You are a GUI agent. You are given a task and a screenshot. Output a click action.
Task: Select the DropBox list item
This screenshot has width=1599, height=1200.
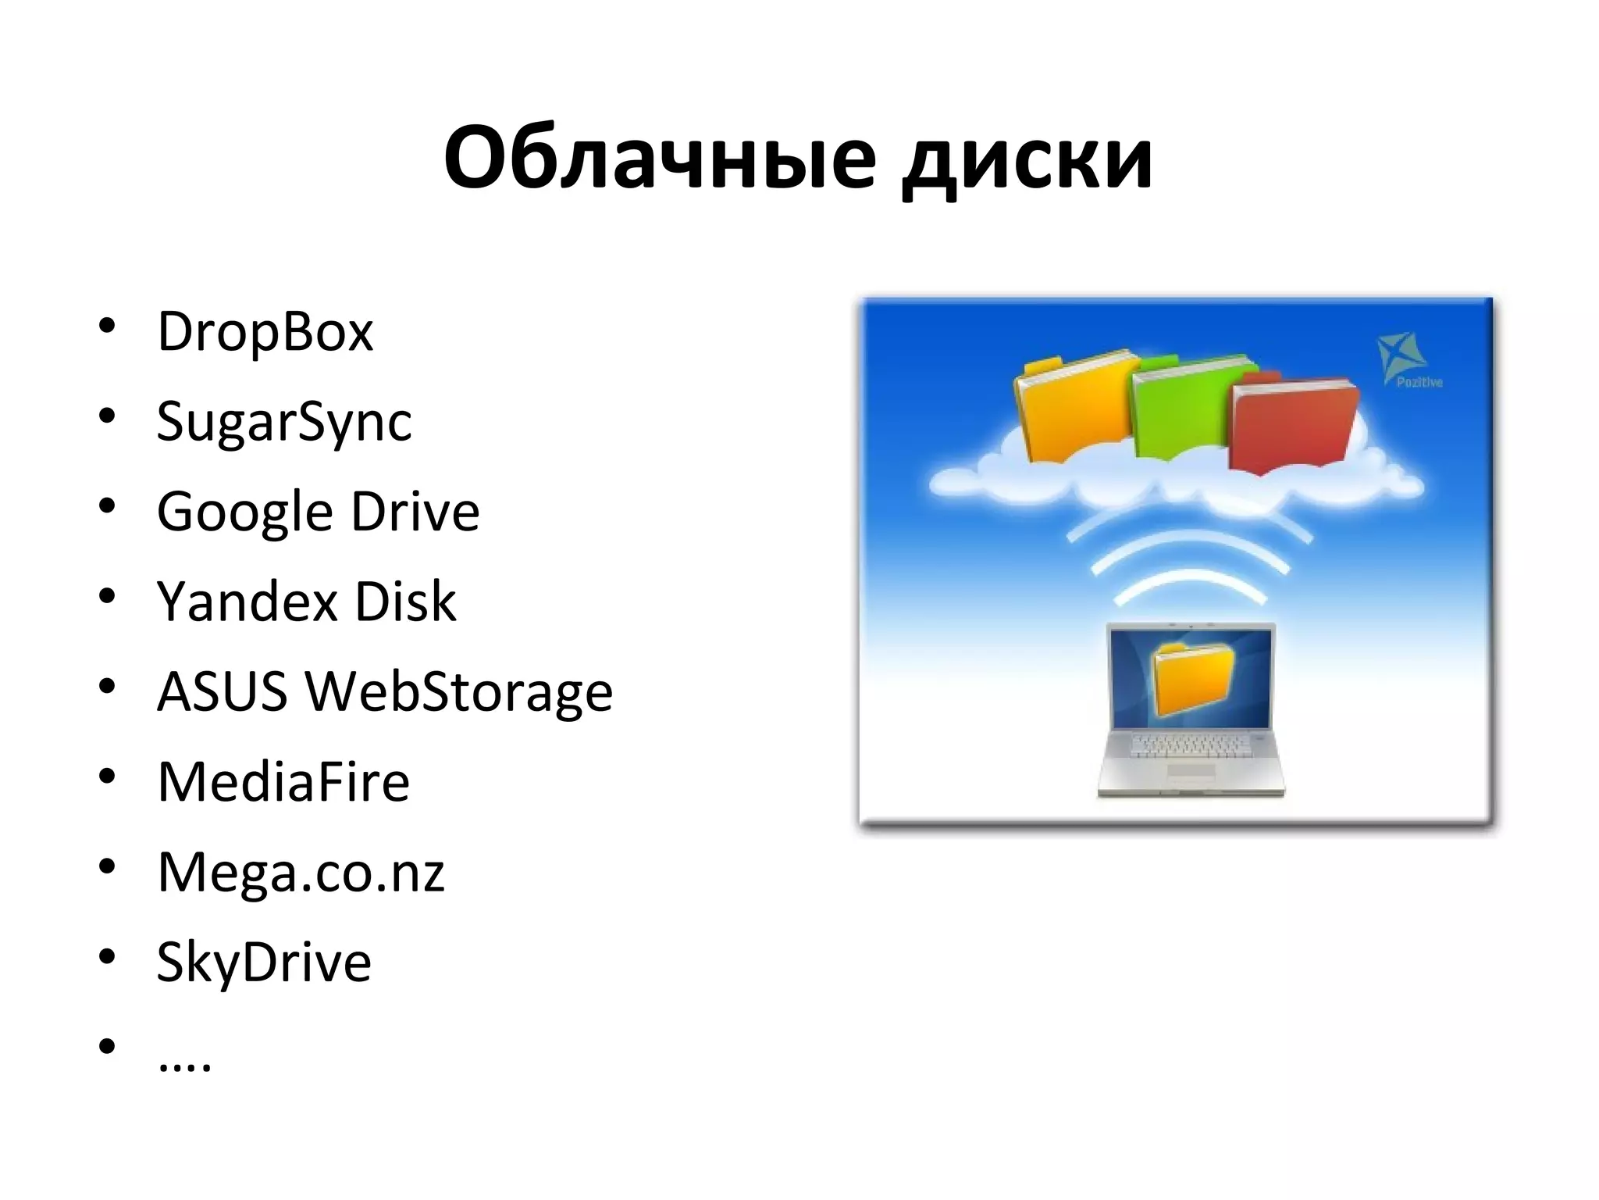265,333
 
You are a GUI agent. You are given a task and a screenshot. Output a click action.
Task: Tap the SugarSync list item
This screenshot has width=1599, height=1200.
284,423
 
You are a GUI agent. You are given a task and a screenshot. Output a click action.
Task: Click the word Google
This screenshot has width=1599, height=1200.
245,513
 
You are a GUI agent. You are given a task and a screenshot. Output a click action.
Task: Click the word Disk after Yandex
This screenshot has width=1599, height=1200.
405,602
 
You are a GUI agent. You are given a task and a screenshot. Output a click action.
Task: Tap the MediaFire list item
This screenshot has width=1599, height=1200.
283,782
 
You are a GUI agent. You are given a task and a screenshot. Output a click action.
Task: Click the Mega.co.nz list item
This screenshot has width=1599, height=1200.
301,873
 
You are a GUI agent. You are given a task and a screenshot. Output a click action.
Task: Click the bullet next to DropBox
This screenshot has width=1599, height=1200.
107,325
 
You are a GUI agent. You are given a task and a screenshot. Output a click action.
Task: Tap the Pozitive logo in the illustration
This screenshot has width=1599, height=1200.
1407,360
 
